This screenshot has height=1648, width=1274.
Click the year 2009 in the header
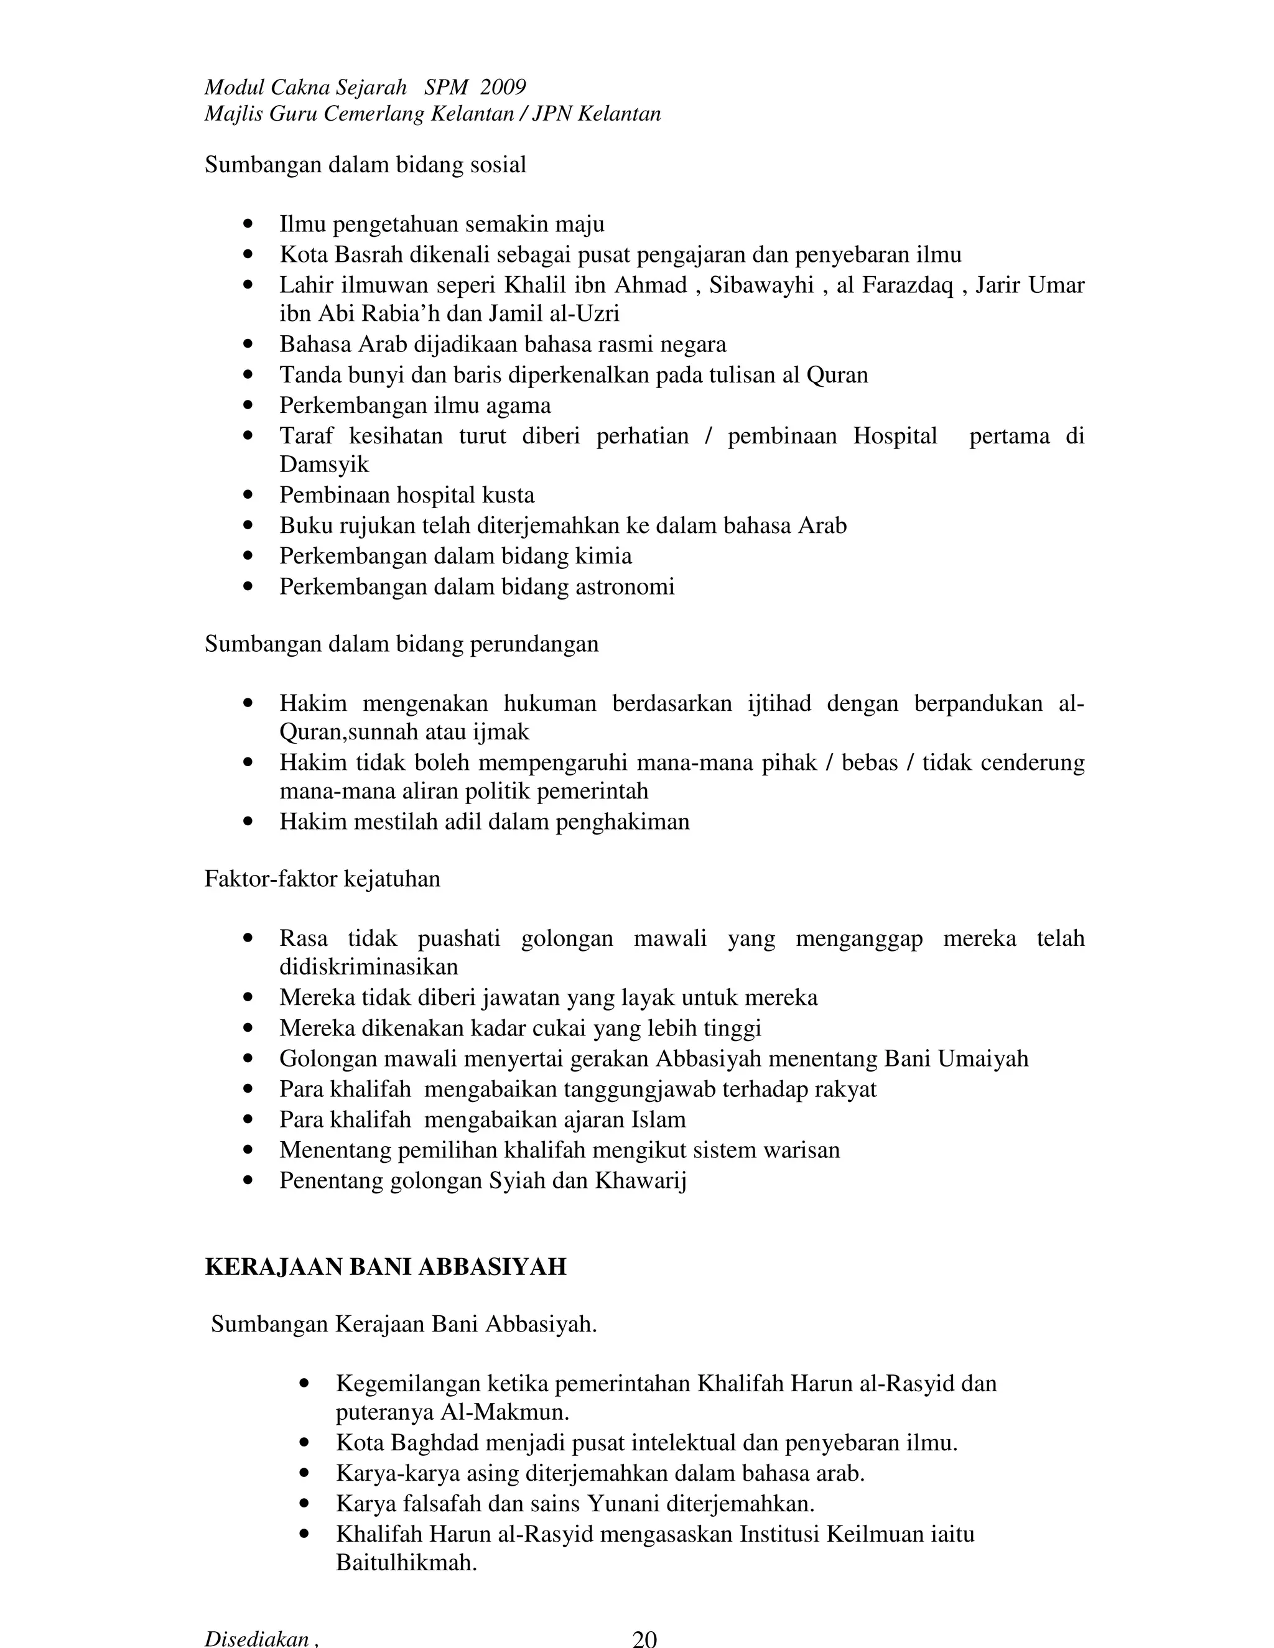click(x=503, y=88)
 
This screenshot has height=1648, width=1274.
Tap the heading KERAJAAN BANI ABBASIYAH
click(x=385, y=1266)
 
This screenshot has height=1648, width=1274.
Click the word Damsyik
click(x=323, y=464)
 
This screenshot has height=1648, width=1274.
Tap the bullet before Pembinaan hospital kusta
click(x=249, y=496)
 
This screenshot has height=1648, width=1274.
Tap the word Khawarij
click(x=640, y=1180)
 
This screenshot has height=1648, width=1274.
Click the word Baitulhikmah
click(x=406, y=1563)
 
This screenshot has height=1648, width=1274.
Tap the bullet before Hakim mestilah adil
click(x=249, y=822)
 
